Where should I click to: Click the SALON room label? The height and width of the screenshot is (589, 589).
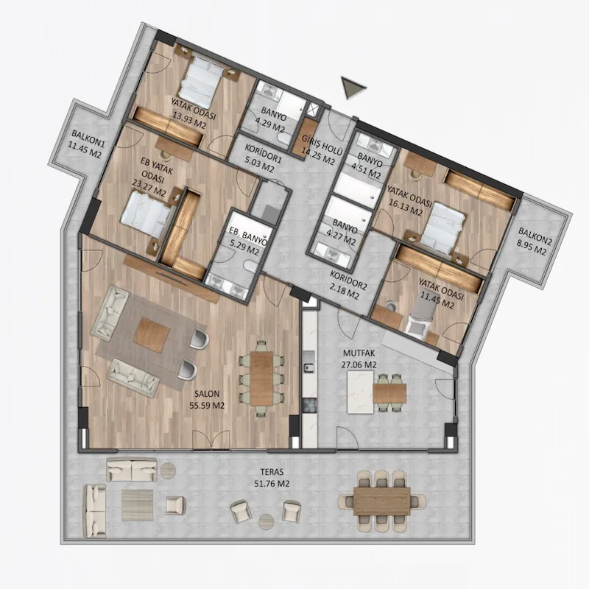207,394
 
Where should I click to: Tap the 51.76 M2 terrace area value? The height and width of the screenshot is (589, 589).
272,484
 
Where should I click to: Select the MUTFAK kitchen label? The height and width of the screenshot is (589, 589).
359,353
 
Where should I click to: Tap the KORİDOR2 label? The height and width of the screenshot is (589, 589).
348,280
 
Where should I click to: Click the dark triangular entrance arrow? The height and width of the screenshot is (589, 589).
352,88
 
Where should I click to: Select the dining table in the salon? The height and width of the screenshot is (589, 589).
261,378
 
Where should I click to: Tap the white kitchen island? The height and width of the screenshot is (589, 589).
361,392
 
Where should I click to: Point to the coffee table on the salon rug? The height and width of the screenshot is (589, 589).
152,335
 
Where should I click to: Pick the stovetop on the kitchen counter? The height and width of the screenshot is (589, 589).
310,406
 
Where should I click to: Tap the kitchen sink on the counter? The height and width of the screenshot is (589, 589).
309,366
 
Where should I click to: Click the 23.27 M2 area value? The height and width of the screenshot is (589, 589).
149,188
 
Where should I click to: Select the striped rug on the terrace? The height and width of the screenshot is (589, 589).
137,505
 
